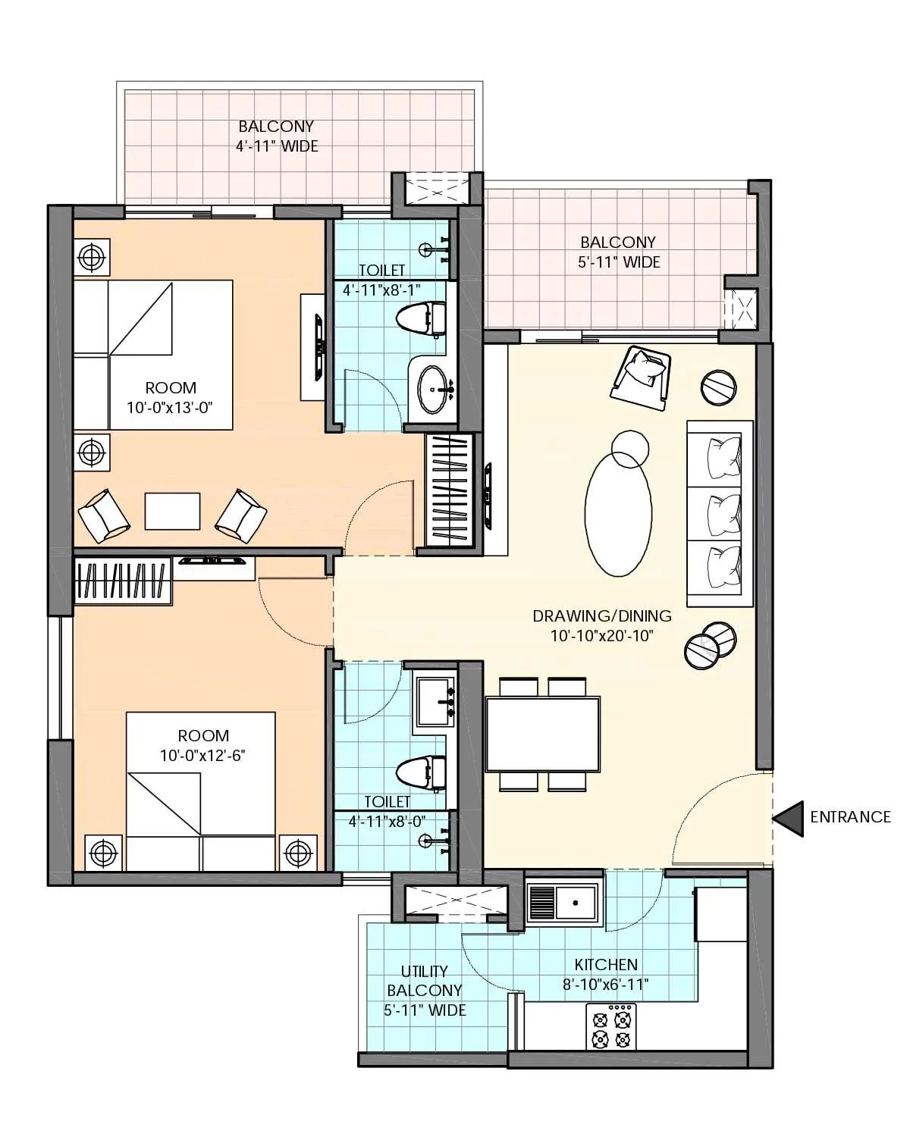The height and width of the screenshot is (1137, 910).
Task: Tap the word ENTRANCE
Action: pyautogui.click(x=850, y=817)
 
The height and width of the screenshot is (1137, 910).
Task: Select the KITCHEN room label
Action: pyautogui.click(x=606, y=965)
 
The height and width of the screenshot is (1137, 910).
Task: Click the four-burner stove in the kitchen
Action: pyautogui.click(x=611, y=1027)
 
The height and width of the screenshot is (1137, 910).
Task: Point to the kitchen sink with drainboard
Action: pyautogui.click(x=563, y=904)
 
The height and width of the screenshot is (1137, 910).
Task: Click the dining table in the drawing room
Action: pyautogui.click(x=542, y=734)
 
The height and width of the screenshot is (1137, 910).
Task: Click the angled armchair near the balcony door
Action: pyautogui.click(x=642, y=373)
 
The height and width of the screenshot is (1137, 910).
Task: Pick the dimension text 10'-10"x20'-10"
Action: pyautogui.click(x=602, y=635)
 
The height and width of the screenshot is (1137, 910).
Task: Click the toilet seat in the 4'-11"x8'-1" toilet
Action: pyautogui.click(x=421, y=319)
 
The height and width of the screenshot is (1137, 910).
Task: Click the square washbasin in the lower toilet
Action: pyautogui.click(x=434, y=703)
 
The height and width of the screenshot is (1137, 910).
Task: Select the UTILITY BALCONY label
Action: pyautogui.click(x=425, y=981)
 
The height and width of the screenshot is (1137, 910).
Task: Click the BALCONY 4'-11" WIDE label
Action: pyautogui.click(x=277, y=136)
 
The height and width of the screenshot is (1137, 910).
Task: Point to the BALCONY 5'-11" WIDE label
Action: pyautogui.click(x=618, y=252)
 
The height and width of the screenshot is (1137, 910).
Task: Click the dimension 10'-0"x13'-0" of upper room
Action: pyautogui.click(x=170, y=407)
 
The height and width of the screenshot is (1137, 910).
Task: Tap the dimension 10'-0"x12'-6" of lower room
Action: pyautogui.click(x=203, y=755)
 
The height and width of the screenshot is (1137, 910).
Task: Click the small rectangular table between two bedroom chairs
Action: pyautogui.click(x=173, y=512)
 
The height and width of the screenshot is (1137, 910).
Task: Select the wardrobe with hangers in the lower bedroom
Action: pyautogui.click(x=123, y=581)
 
